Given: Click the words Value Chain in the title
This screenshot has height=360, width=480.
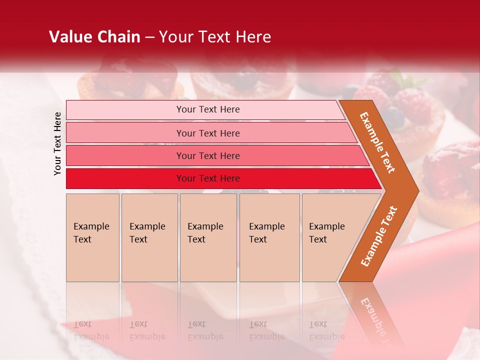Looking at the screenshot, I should [94, 37].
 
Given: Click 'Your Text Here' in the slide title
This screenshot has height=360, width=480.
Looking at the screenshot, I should [215, 37].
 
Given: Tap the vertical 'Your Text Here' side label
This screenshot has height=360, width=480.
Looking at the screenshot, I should [57, 143].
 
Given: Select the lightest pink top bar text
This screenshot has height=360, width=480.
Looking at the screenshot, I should [208, 109].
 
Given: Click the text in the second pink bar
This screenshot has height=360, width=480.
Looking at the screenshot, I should [208, 133].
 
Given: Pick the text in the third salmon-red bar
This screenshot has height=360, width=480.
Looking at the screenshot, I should [208, 156].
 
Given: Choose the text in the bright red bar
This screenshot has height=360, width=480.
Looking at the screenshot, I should [208, 178].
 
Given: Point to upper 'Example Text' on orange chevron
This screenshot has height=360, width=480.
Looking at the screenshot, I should [377, 142].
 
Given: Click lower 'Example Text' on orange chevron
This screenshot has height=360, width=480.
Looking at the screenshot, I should [379, 236].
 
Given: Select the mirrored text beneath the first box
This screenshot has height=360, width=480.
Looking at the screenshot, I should [91, 330].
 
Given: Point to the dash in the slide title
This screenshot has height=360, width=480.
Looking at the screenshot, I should [149, 37].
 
